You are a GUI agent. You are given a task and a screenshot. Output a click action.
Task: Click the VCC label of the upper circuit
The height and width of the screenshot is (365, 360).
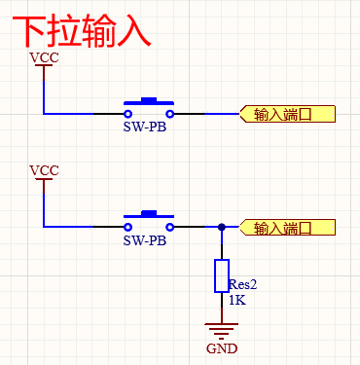(x=44, y=58)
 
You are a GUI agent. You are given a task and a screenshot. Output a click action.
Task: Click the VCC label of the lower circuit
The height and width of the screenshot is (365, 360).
(x=44, y=171)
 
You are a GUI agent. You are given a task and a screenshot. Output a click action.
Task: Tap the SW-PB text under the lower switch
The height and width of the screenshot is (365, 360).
(x=144, y=239)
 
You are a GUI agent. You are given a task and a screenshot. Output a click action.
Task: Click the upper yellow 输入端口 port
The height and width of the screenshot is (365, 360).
(x=287, y=114)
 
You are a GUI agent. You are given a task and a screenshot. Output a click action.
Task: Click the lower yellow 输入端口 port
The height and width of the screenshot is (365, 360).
(x=287, y=228)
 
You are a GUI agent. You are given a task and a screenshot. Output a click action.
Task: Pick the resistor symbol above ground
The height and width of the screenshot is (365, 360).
(x=222, y=276)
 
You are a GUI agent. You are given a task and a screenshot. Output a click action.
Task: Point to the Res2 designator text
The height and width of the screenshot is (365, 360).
(x=243, y=285)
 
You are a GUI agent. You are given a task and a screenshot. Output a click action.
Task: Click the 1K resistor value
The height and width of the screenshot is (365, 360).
(x=237, y=302)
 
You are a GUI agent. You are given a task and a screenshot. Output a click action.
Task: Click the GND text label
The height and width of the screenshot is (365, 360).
(x=222, y=348)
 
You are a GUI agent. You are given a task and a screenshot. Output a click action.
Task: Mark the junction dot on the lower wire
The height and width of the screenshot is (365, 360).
(x=222, y=228)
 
